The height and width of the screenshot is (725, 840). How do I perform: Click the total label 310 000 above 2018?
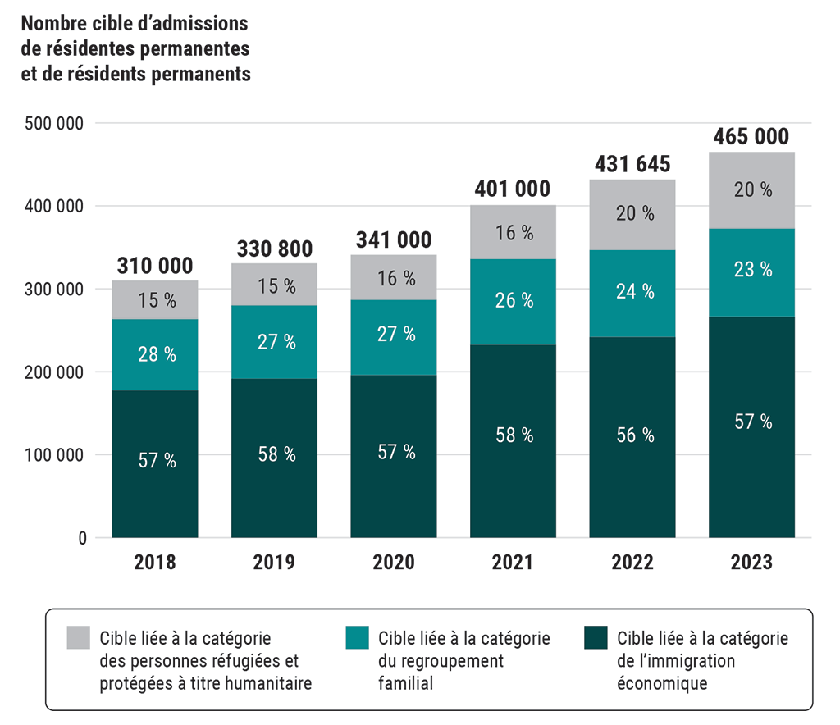pyautogui.click(x=155, y=266)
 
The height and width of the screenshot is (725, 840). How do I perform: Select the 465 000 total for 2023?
pyautogui.click(x=751, y=137)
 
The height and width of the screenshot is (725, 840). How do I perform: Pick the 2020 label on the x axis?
pyautogui.click(x=394, y=563)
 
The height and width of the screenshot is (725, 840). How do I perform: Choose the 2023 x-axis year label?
pyautogui.click(x=751, y=563)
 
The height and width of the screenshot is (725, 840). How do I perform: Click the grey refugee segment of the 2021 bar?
pyautogui.click(x=513, y=232)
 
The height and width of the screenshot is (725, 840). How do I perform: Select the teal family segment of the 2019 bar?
pyautogui.click(x=274, y=342)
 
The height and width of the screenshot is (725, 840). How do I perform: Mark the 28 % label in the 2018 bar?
pyautogui.click(x=155, y=354)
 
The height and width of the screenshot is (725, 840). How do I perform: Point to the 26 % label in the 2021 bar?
pyautogui.click(x=513, y=301)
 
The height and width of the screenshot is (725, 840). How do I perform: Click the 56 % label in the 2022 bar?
pyautogui.click(x=632, y=435)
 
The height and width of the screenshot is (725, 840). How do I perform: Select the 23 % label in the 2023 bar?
pyautogui.click(x=751, y=269)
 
